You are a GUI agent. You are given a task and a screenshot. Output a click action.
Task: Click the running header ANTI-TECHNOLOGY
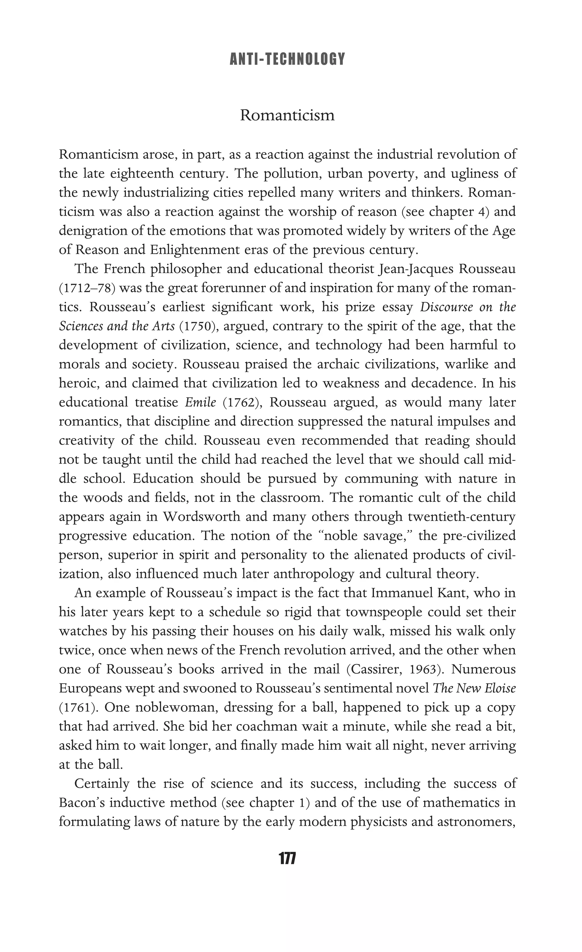(287, 59)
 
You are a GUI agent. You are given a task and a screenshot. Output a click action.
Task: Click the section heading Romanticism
(287, 115)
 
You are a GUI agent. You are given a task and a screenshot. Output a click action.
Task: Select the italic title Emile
(200, 402)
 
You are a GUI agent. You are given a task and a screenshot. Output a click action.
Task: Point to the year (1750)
(197, 326)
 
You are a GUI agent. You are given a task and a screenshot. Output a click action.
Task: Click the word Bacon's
(82, 802)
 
